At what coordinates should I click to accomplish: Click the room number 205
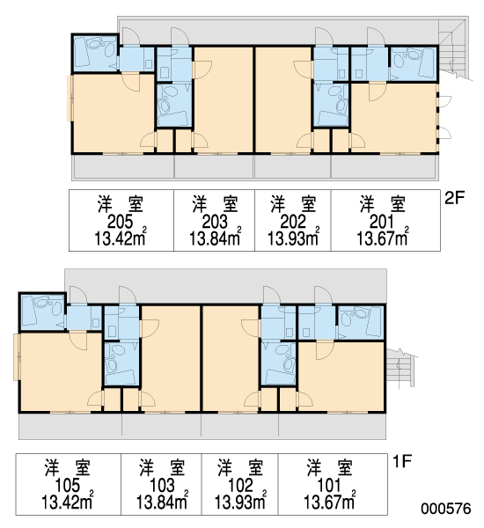[120, 223]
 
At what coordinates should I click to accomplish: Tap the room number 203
[215, 223]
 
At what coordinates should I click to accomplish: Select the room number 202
[293, 223]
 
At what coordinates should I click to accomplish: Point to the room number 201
[382, 223]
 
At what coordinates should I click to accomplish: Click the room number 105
[68, 486]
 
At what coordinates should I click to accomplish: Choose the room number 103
[162, 486]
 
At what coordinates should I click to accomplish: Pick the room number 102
[240, 486]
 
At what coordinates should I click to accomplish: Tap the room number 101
[329, 486]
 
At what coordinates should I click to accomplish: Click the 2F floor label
[454, 198]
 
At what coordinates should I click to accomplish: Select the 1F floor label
[402, 461]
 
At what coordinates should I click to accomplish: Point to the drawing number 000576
[445, 509]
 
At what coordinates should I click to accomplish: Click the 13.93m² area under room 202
[293, 238]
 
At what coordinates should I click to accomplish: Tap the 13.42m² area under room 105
[68, 501]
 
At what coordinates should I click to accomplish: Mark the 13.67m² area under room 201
[382, 238]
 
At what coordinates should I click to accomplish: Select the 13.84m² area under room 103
[162, 501]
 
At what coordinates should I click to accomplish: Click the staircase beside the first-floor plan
[400, 368]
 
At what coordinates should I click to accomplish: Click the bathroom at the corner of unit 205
[95, 53]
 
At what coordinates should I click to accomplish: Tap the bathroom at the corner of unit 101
[361, 323]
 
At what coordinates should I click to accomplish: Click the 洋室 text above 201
[382, 204]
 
